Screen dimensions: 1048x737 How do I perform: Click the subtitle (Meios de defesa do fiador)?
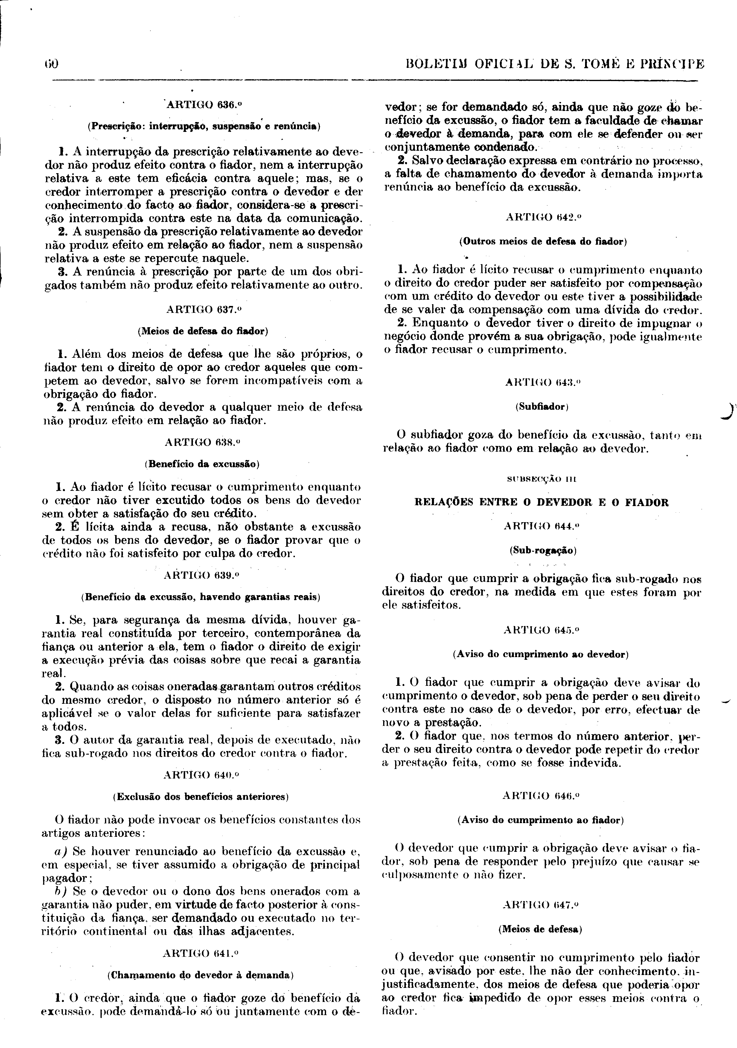coord(202,332)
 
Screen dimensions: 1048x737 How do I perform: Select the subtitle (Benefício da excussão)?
coord(202,465)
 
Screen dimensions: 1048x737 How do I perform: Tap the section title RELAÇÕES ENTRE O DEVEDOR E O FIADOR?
coord(541,502)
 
